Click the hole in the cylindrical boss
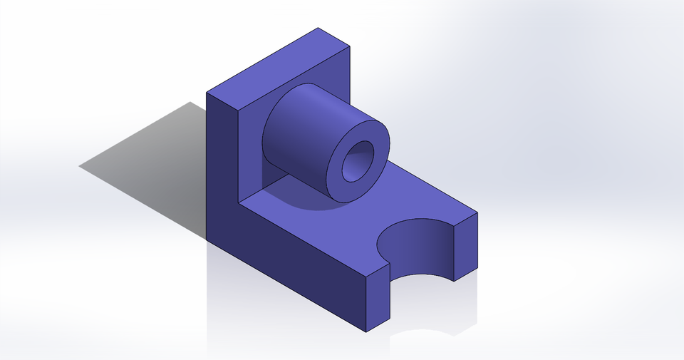358,161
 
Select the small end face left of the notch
378,299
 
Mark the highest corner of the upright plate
318,29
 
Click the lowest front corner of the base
366,332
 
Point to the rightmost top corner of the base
477,212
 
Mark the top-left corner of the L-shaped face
207,93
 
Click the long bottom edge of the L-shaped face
285,285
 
